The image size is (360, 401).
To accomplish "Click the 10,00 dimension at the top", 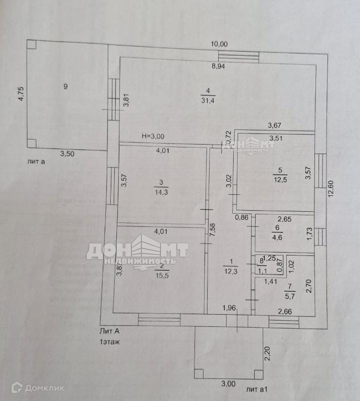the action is pos(219,44).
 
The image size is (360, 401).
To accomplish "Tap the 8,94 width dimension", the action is pos(218,66).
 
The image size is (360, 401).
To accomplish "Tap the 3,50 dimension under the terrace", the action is pos(68,154).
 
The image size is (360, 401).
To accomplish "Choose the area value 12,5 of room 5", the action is pos(280,180).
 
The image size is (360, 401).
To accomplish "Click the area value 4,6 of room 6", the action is pos(277,237).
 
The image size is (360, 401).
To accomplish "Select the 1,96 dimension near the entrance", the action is pos(229,309).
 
